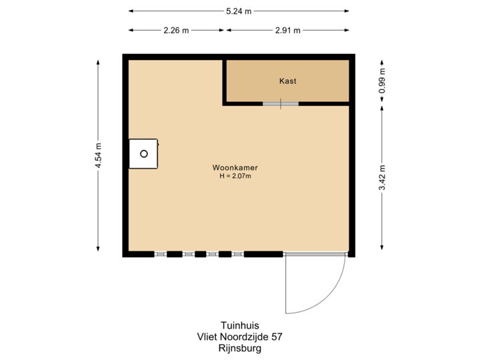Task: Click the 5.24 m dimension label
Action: coord(239,11)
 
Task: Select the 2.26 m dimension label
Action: coord(176,30)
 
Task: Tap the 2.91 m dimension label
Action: coord(288,30)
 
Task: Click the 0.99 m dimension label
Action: coord(382,81)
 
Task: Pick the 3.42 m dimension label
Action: coord(382,177)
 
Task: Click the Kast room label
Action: coord(287,81)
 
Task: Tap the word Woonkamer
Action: coord(235,167)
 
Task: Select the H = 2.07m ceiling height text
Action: coord(235,177)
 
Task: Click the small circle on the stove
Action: coord(143,154)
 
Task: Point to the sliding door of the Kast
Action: coord(280,103)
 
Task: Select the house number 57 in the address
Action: coord(276,337)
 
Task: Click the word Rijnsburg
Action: coord(239,348)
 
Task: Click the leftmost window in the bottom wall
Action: coord(160,254)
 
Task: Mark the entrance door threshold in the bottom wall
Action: coord(315,254)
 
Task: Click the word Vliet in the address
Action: coord(207,337)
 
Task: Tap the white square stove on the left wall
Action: coord(143,154)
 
